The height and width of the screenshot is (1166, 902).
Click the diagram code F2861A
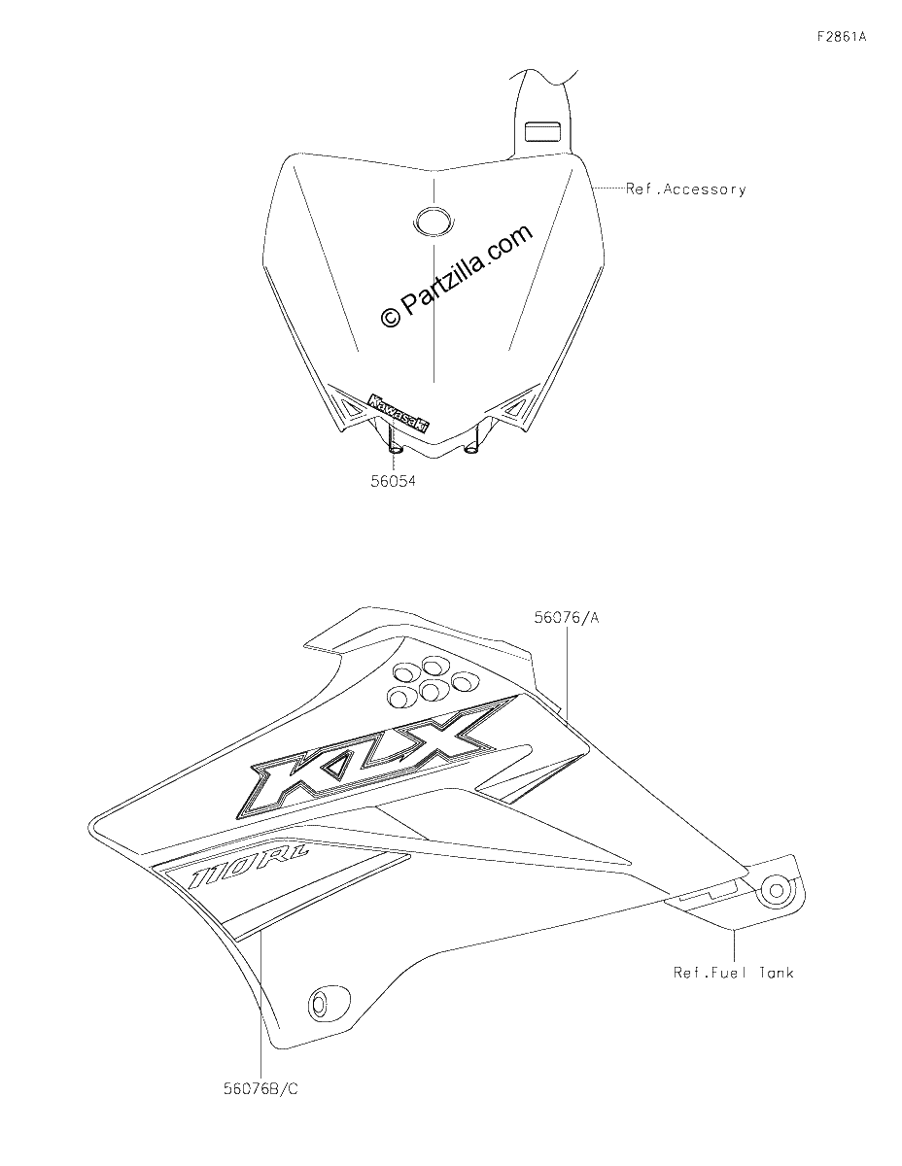(x=841, y=37)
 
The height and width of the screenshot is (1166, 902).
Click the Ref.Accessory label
(x=686, y=189)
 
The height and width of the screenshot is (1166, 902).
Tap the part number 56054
(x=393, y=481)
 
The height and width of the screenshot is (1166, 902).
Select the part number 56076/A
(x=566, y=618)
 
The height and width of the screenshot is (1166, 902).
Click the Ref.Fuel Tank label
(x=734, y=973)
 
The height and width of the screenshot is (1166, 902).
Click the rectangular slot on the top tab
(x=542, y=131)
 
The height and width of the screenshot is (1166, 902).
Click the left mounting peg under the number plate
(x=395, y=445)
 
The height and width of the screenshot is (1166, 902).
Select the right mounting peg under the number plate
(x=472, y=444)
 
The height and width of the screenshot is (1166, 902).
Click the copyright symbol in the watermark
(x=390, y=317)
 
